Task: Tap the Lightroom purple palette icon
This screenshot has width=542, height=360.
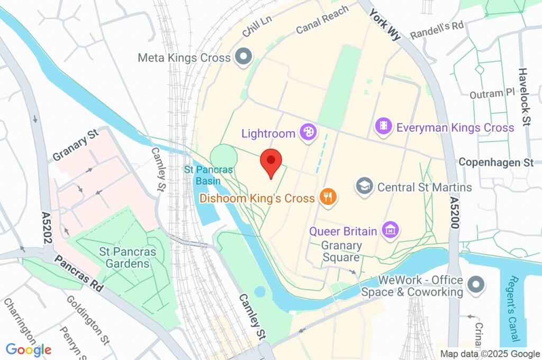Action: (307, 133)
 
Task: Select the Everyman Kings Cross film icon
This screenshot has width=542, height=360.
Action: (383, 126)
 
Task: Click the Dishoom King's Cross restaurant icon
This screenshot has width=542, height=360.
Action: (328, 198)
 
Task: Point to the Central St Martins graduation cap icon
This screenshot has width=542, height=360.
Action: (364, 186)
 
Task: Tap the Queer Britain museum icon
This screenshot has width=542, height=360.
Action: (392, 230)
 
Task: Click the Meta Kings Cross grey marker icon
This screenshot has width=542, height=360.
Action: (243, 57)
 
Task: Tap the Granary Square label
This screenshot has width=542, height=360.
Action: (342, 251)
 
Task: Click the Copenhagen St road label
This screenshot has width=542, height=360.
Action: (496, 162)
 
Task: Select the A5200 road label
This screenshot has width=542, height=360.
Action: (454, 212)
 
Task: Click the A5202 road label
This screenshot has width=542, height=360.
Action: (47, 228)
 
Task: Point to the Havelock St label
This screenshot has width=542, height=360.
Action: (524, 97)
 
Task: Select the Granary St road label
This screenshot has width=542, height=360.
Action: (76, 145)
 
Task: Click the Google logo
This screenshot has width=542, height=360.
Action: (29, 349)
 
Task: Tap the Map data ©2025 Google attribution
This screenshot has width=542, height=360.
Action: (490, 354)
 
